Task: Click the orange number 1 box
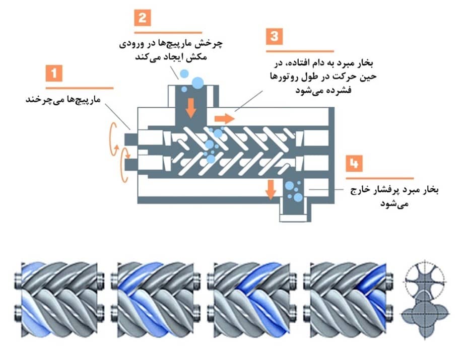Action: click(54, 75)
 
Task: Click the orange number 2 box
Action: click(143, 18)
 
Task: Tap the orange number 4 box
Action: click(355, 165)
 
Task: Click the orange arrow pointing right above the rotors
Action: click(225, 119)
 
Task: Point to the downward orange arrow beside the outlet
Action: click(271, 188)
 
